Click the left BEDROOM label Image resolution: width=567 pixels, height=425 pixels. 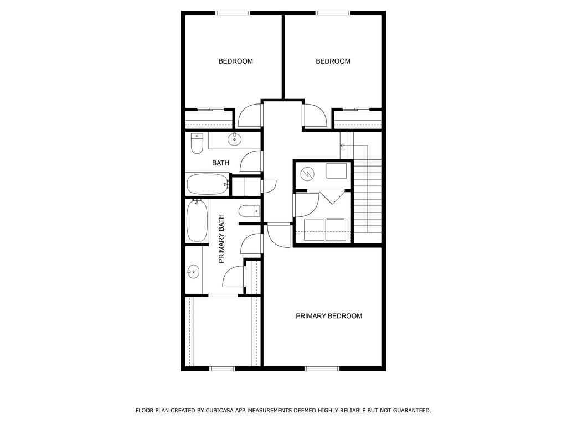pyautogui.click(x=235, y=61)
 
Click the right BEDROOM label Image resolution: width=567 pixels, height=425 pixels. pyautogui.click(x=333, y=61)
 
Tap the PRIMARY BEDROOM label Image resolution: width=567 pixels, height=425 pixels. pyautogui.click(x=329, y=316)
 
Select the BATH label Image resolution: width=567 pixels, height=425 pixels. pyautogui.click(x=220, y=163)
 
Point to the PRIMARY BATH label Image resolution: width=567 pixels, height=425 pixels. pyautogui.click(x=221, y=239)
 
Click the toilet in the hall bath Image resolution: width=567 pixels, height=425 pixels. pyautogui.click(x=197, y=143)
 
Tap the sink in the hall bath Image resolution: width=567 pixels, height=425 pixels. pyautogui.click(x=234, y=139)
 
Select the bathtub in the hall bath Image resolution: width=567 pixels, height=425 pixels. pyautogui.click(x=208, y=184)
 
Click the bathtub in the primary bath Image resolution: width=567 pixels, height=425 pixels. pyautogui.click(x=197, y=220)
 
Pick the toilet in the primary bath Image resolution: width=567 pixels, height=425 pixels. pyautogui.click(x=249, y=211)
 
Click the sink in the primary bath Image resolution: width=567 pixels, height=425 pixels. pyautogui.click(x=193, y=271)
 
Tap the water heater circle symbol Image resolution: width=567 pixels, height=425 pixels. pyautogui.click(x=307, y=174)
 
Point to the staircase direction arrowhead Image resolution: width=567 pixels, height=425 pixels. pyautogui.click(x=342, y=146)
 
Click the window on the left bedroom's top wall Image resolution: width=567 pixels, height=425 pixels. pyautogui.click(x=233, y=13)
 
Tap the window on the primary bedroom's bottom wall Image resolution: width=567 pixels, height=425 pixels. pyautogui.click(x=322, y=369)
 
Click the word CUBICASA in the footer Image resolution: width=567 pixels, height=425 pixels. pyautogui.click(x=219, y=410)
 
